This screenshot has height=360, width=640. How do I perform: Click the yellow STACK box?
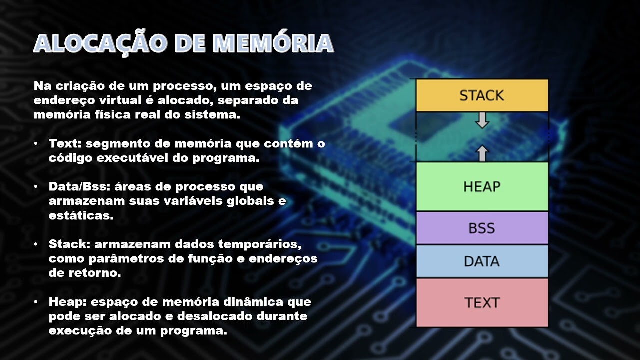482,95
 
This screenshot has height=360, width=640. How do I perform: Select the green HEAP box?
482,186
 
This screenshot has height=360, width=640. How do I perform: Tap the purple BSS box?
482,228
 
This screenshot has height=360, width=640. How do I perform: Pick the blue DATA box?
482,261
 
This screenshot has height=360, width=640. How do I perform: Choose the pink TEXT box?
482,302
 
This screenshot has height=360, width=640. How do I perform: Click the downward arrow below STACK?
482,120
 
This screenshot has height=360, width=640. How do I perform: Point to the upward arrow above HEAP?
482,153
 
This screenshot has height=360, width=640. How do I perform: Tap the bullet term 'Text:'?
65,144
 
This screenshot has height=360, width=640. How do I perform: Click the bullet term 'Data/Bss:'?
80,186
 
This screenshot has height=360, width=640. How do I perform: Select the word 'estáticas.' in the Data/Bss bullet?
81,216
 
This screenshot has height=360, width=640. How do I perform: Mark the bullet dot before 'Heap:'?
36,302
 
